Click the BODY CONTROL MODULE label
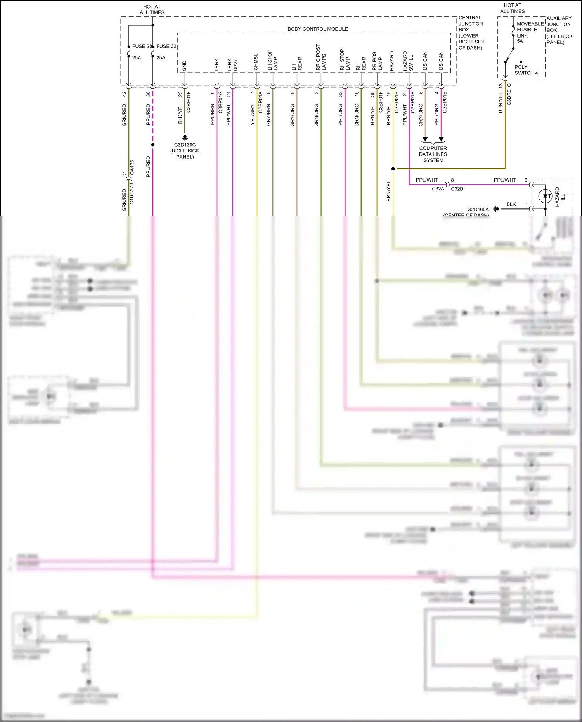click(317, 29)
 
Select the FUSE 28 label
click(141, 46)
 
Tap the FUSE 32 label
click(166, 46)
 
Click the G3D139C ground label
click(185, 145)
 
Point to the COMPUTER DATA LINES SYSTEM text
click(433, 154)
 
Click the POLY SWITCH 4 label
click(526, 70)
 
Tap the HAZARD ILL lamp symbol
click(546, 196)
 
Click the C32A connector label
click(438, 189)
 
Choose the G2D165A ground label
click(478, 210)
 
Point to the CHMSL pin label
click(256, 62)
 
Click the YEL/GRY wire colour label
click(253, 114)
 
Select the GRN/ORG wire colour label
click(317, 115)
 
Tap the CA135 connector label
click(132, 167)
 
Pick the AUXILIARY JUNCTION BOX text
click(559, 30)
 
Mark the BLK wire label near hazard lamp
click(511, 204)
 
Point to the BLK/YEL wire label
click(180, 114)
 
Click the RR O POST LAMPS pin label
click(321, 57)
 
